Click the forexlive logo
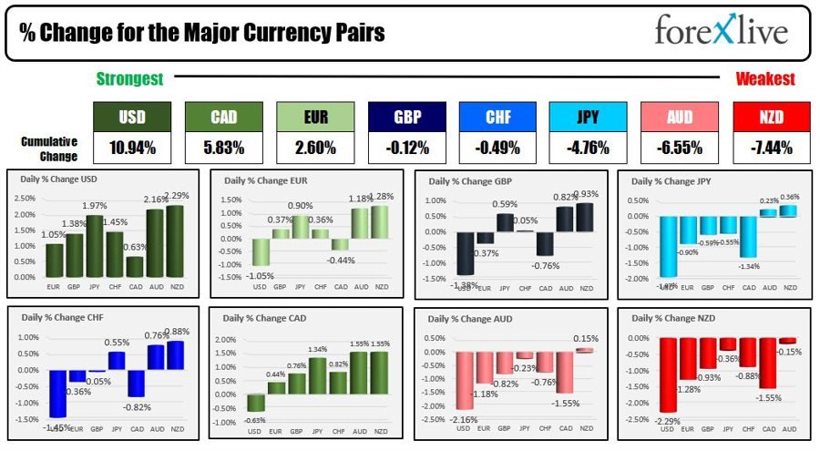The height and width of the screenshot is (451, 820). pyautogui.click(x=721, y=32)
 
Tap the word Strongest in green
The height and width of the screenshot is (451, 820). pyautogui.click(x=130, y=79)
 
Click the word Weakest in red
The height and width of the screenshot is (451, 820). pyautogui.click(x=765, y=79)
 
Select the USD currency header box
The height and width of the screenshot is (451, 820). pyautogui.click(x=132, y=117)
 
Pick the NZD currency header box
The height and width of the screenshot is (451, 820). pyautogui.click(x=770, y=117)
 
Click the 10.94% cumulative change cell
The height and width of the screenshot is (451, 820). pyautogui.click(x=132, y=147)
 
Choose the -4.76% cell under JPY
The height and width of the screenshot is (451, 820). pyautogui.click(x=588, y=147)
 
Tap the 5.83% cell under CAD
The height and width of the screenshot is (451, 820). pyautogui.click(x=223, y=147)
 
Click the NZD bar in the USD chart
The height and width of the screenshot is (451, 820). pyautogui.click(x=175, y=241)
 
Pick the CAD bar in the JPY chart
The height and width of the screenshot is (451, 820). pyautogui.click(x=750, y=236)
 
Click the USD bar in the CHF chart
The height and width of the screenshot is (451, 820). pyautogui.click(x=56, y=392)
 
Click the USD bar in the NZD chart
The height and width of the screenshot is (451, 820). pyautogui.click(x=669, y=374)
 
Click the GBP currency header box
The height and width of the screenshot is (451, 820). pyautogui.click(x=405, y=117)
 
